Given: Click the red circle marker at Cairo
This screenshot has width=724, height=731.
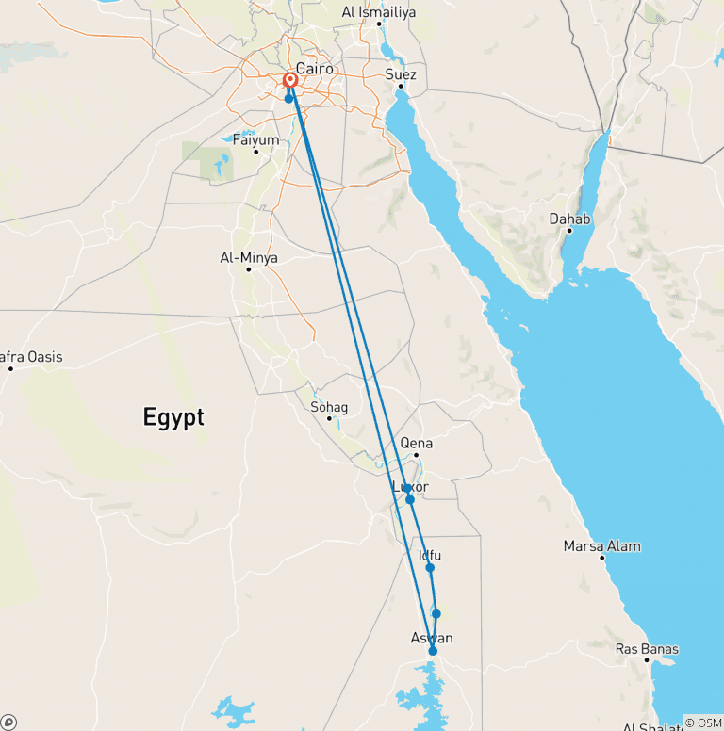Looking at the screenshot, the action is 290,81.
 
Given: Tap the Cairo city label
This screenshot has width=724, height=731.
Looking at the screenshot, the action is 314,68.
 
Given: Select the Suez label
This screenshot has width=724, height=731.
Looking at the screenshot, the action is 401,74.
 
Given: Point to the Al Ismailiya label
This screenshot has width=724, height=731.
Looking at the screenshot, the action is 378,12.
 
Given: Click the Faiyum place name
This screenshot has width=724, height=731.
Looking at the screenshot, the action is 256,140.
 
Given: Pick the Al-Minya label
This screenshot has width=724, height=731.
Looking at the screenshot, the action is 248,257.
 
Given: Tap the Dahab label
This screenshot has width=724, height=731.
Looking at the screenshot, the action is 570,219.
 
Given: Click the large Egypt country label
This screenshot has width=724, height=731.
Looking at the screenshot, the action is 173,417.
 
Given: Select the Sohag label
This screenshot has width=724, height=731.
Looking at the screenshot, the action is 329,407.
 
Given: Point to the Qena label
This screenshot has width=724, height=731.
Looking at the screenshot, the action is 417,443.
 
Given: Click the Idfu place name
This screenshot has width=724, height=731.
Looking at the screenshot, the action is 429,556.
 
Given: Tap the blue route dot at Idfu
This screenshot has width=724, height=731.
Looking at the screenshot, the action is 430,568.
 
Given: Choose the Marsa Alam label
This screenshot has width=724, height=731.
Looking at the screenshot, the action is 601,545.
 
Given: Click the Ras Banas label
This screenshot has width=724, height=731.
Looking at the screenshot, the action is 647,648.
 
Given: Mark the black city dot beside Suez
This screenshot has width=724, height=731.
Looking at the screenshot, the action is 401,87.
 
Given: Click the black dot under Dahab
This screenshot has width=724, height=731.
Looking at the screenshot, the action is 569,231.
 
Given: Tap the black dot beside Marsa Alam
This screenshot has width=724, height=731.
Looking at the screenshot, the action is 601,558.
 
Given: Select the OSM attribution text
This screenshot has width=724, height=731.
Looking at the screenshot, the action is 703,722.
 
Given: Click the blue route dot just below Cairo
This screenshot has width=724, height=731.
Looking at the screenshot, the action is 288,98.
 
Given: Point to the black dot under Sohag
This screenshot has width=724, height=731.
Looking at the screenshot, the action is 329,418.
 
